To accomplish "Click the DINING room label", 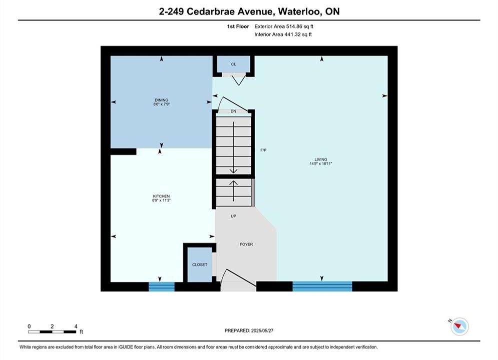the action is [x=161, y=100].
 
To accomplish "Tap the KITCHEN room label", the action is [x=161, y=196].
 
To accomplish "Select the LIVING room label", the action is [x=321, y=159].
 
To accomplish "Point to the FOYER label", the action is [x=246, y=244].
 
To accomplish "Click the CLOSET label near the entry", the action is [x=200, y=264].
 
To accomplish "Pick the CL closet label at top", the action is [x=233, y=64].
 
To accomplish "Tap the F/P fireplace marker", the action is [x=263, y=150].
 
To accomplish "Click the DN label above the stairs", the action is [x=233, y=111].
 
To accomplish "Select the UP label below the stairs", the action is [x=233, y=216].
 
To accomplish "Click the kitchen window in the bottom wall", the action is [x=162, y=286].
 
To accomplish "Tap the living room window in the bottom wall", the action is [x=322, y=286].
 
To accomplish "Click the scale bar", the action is [x=52, y=332].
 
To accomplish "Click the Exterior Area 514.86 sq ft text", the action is [x=284, y=26].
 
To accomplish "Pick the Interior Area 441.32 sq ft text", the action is [x=283, y=34].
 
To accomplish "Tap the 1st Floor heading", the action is [x=238, y=26].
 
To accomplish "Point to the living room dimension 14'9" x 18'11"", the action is [x=321, y=163].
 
